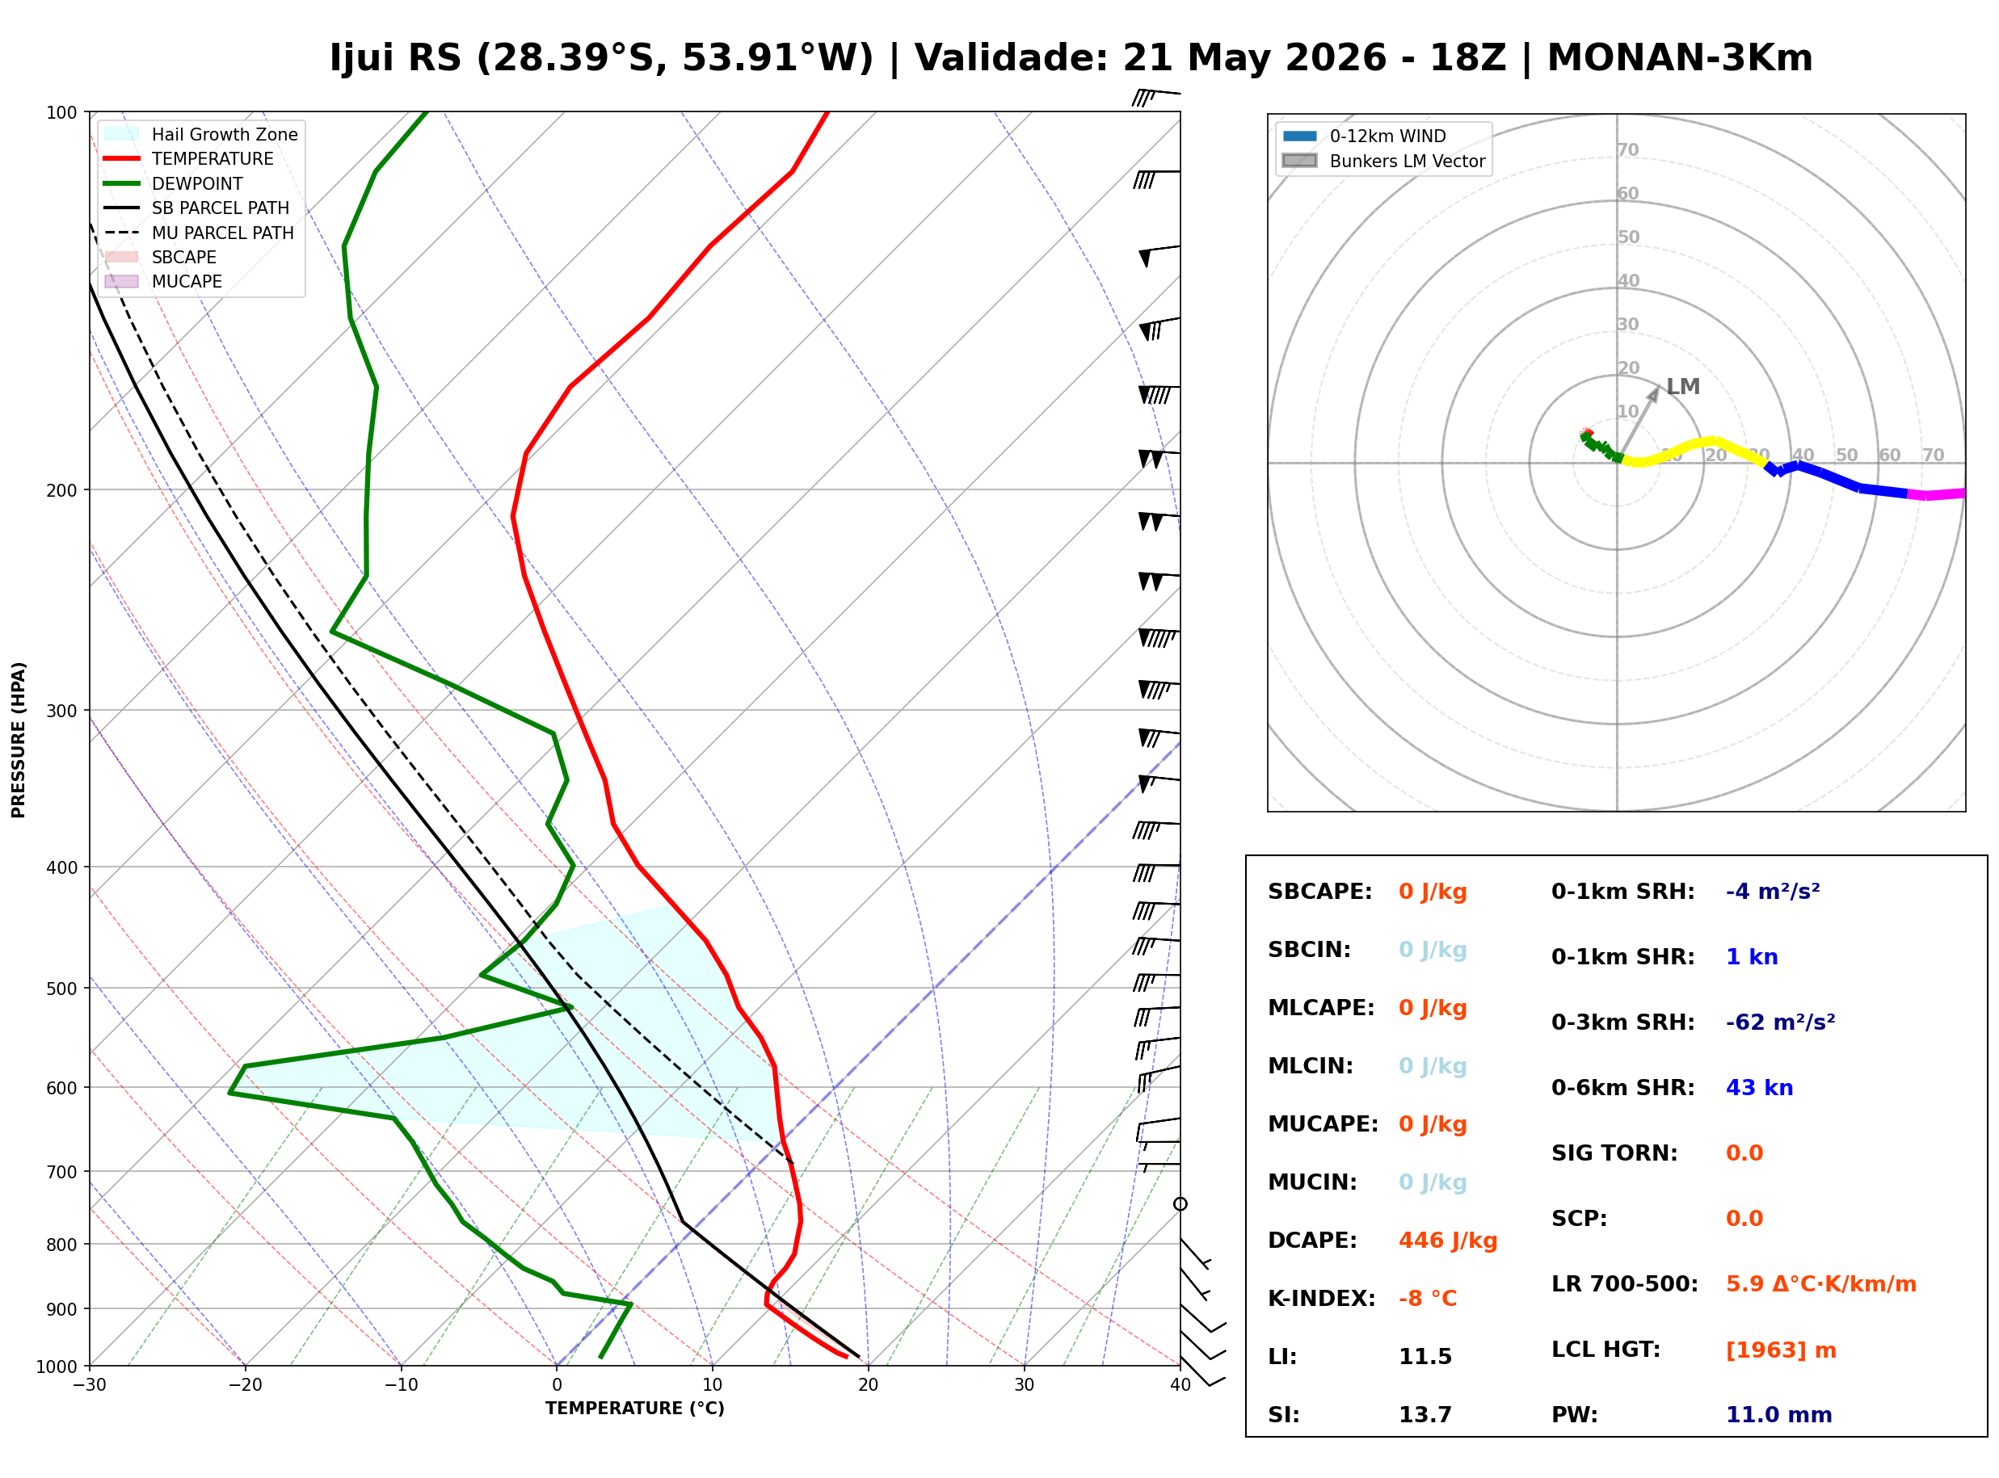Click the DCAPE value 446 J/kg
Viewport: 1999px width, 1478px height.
(1448, 1241)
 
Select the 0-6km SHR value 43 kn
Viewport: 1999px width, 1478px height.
(1759, 1088)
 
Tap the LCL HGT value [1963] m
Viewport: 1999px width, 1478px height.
(1781, 1350)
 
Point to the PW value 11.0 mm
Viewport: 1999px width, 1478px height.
(1779, 1415)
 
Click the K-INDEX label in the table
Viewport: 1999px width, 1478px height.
(1322, 1299)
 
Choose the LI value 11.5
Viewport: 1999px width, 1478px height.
(1425, 1357)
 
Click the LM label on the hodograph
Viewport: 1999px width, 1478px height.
(1682, 387)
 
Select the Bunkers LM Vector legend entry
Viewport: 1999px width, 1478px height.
(1383, 161)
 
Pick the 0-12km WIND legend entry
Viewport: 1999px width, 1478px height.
(1364, 136)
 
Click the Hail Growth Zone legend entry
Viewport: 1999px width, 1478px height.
(201, 134)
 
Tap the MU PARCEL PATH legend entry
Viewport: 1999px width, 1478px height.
(200, 233)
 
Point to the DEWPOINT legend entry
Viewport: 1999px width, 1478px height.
(174, 183)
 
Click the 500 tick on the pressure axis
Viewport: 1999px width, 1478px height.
(61, 989)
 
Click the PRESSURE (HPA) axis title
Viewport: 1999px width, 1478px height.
(19, 740)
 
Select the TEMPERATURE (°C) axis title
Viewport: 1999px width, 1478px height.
(635, 1409)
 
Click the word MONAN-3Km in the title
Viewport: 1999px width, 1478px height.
(1680, 58)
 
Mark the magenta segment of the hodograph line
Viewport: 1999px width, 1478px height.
(1936, 493)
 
